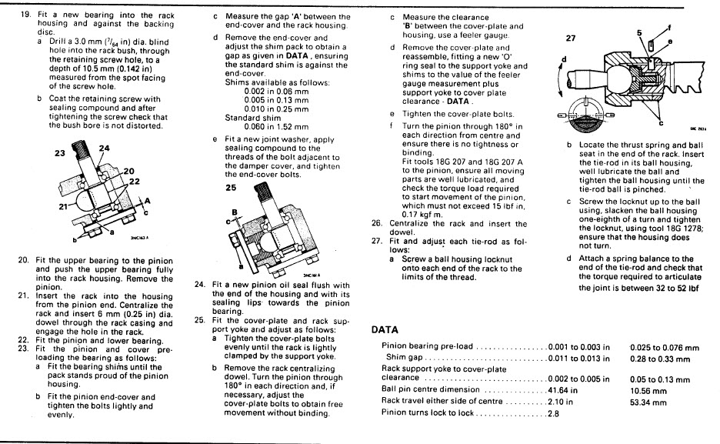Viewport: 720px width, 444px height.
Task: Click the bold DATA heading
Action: point(385,329)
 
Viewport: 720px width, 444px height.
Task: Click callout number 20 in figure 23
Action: point(128,171)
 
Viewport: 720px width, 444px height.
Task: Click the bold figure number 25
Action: point(232,187)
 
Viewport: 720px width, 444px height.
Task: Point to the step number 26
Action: point(377,224)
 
